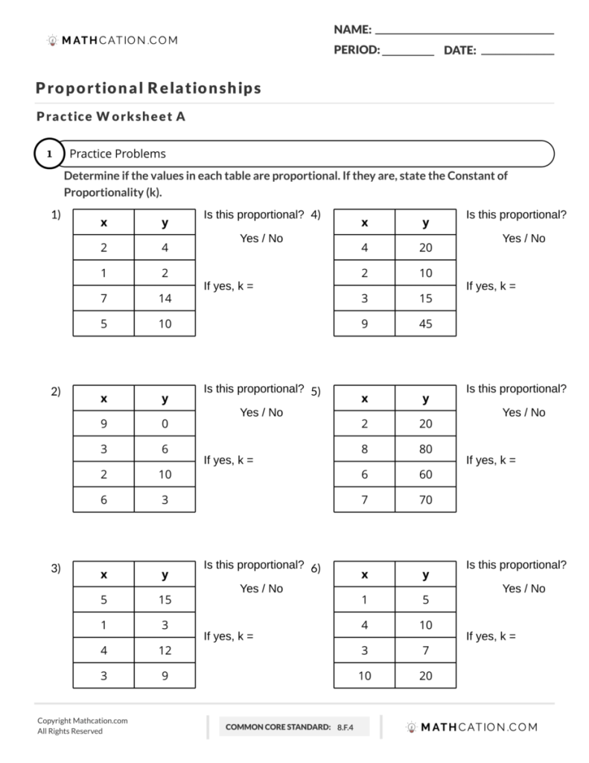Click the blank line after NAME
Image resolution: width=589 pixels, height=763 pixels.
point(465,33)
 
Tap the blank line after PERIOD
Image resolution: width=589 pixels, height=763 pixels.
point(408,54)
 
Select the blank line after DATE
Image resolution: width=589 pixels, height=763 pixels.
point(518,54)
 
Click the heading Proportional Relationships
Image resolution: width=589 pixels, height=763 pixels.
point(148,88)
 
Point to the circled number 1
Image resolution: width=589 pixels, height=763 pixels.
point(49,154)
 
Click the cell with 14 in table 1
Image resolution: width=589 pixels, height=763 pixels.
point(165,299)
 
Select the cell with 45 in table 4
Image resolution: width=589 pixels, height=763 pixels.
point(425,324)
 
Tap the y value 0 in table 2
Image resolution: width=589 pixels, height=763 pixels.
point(165,423)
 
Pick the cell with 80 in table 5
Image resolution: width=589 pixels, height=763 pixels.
point(425,449)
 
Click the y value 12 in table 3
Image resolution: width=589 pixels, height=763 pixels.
point(165,650)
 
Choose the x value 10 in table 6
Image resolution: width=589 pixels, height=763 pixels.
point(364,676)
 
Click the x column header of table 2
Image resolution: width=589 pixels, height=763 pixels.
point(104,399)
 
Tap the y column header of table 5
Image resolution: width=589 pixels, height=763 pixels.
point(425,399)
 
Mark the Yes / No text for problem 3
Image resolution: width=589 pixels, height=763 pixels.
point(261,589)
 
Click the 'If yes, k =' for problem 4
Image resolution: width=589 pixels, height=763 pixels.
point(491,285)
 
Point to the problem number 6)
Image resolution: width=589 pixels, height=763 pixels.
point(316,569)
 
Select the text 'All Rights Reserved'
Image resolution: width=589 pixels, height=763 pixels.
point(70,732)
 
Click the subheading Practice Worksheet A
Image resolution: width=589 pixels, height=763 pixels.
point(110,116)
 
